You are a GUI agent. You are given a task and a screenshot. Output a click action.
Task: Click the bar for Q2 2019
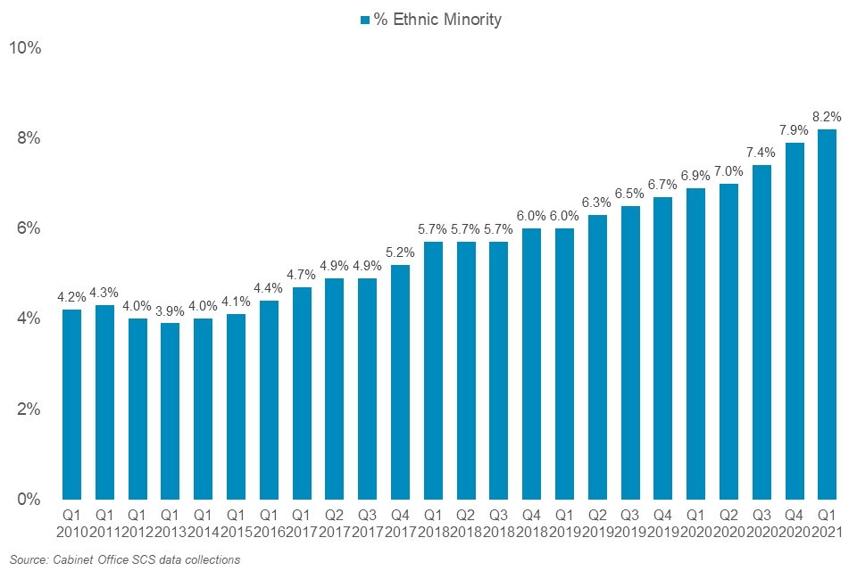pos(597,357)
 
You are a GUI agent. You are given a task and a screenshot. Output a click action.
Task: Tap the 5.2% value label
pos(400,251)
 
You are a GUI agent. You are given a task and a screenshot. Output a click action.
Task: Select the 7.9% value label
pos(795,128)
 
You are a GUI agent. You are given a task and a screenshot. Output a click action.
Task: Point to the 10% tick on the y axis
pos(25,47)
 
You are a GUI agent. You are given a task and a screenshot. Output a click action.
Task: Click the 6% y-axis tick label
pos(29,228)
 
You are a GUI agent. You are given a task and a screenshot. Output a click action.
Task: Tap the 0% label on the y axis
pos(29,499)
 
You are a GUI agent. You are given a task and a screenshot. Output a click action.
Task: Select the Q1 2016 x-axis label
pos(269,523)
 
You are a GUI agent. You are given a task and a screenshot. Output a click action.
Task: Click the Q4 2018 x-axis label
pos(531,523)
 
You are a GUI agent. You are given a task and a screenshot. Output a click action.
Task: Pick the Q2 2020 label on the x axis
pos(728,523)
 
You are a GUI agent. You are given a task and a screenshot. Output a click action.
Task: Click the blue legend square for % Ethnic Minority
pos(363,20)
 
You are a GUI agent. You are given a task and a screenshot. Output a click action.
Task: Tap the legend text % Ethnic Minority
pos(437,20)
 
